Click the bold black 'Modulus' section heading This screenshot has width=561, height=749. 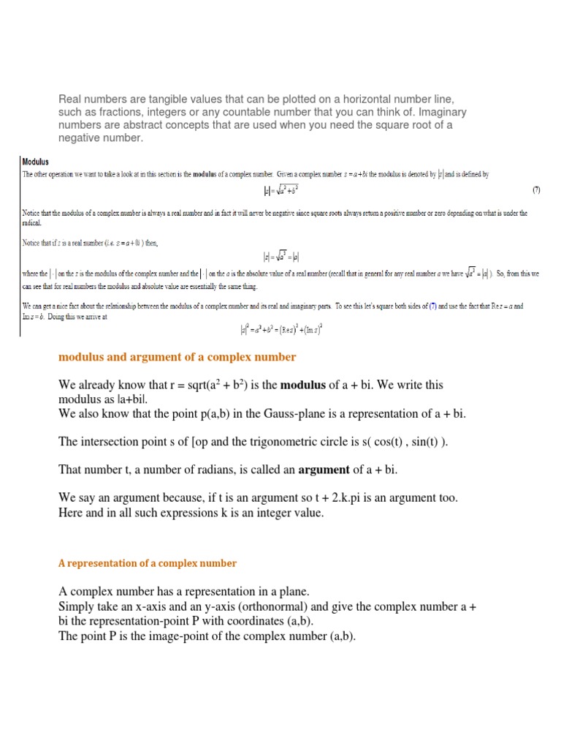pos(37,162)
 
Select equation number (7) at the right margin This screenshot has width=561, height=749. pos(535,191)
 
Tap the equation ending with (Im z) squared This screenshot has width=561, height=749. pos(280,329)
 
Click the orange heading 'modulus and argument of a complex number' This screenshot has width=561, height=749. pos(177,357)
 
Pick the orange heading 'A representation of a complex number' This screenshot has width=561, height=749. pos(148,563)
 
